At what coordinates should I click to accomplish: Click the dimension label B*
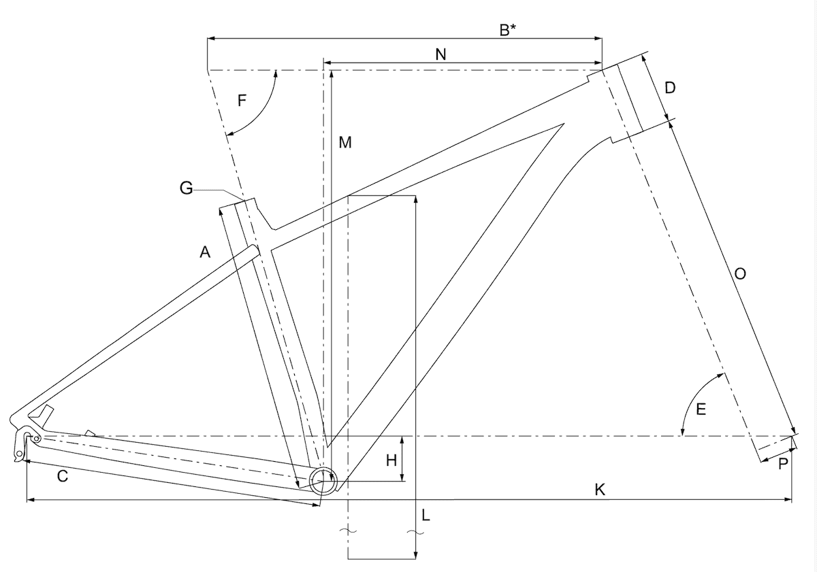pos(507,31)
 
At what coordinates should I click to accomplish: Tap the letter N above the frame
pos(440,54)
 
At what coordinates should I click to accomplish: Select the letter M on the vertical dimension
pos(345,142)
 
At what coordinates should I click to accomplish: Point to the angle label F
pos(242,100)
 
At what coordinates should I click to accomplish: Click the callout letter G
pos(186,188)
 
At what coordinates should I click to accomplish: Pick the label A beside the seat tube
pos(205,252)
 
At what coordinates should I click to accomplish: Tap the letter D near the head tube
pos(670,88)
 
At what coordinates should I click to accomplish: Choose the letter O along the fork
pos(739,273)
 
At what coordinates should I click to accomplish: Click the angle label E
pos(701,409)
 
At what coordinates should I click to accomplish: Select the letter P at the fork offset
pos(783,464)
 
